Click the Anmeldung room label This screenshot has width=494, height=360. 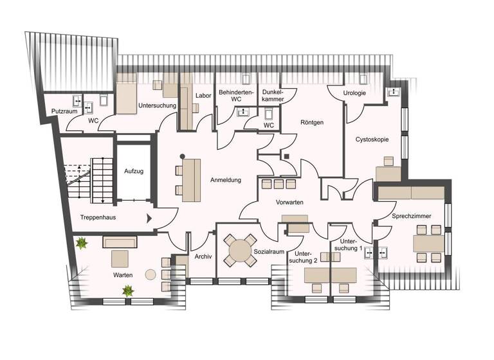(x=225, y=180)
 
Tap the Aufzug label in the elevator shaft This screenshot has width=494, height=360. (x=133, y=172)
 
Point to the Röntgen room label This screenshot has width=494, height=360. (x=311, y=122)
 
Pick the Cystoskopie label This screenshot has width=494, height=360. (x=372, y=139)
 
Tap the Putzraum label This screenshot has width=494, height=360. (x=65, y=111)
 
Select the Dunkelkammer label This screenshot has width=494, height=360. (x=273, y=96)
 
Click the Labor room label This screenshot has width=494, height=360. (x=203, y=96)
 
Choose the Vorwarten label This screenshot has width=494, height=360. (x=289, y=202)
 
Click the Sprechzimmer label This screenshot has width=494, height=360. (x=412, y=217)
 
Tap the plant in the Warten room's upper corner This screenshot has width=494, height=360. (x=82, y=244)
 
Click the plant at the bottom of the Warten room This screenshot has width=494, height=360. (x=128, y=291)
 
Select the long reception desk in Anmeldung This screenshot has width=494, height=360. (x=191, y=180)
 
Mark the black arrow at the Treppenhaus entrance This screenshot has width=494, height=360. (x=150, y=218)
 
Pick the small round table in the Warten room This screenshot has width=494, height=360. (x=151, y=274)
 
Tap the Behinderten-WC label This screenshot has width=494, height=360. (x=236, y=96)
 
